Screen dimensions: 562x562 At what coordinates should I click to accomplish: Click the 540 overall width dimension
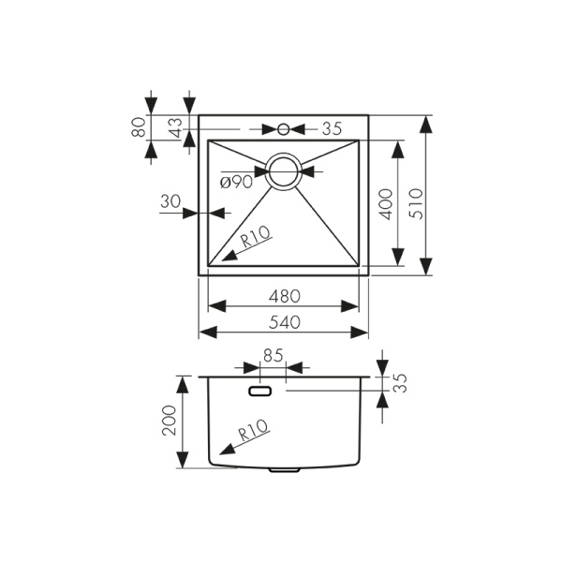tap(285, 322)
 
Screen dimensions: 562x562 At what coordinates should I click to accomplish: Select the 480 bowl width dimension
tap(285, 296)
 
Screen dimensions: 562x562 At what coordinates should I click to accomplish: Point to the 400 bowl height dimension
tap(386, 202)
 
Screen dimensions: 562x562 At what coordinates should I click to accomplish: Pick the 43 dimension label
tap(177, 127)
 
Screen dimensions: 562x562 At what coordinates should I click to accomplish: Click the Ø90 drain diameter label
tap(236, 183)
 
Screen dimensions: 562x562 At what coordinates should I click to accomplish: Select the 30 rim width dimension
tap(171, 200)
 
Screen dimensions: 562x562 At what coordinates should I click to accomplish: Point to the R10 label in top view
tap(256, 238)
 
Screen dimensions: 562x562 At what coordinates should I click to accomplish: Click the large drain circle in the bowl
tap(284, 170)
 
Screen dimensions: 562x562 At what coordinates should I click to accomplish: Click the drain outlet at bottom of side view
tap(284, 469)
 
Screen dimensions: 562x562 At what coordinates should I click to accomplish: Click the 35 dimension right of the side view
tap(400, 382)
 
